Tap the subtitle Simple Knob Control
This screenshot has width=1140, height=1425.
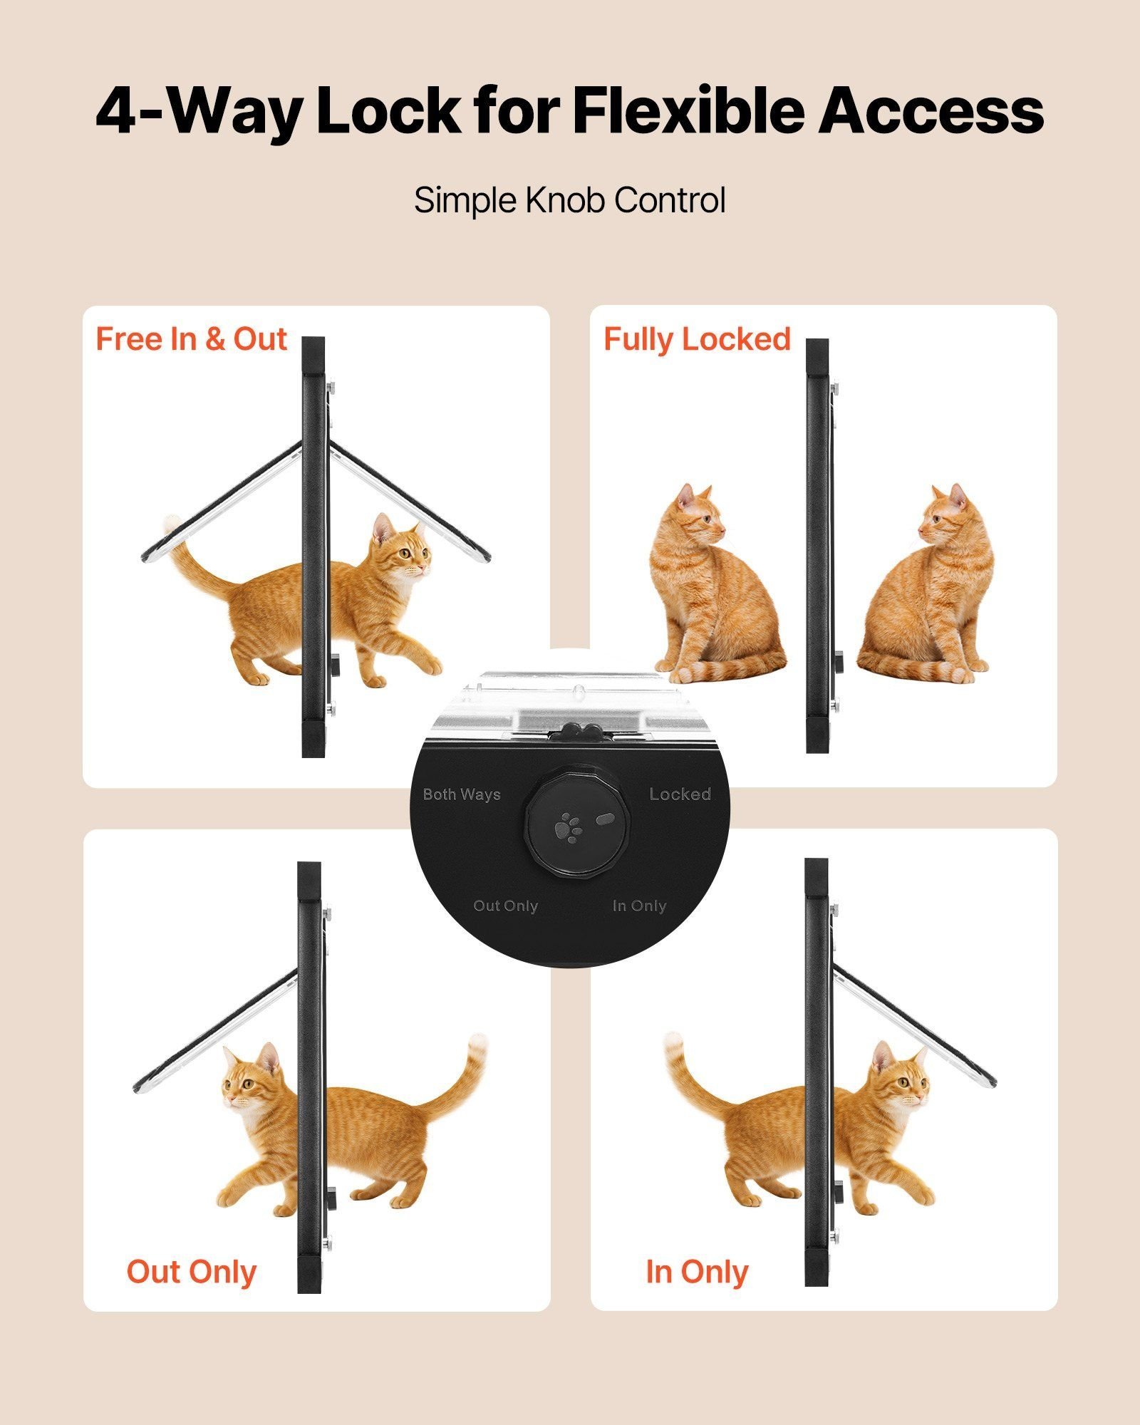point(570,200)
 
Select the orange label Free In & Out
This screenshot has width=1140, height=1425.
point(191,339)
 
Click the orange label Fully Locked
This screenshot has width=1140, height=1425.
point(697,340)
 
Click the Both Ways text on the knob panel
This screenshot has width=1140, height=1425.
point(462,794)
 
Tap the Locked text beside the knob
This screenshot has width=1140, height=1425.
point(680,794)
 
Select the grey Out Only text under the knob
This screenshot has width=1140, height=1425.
point(505,906)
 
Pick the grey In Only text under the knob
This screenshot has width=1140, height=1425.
point(639,906)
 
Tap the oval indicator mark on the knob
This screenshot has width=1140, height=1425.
point(605,819)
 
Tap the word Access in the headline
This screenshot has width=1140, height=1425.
point(931,110)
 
